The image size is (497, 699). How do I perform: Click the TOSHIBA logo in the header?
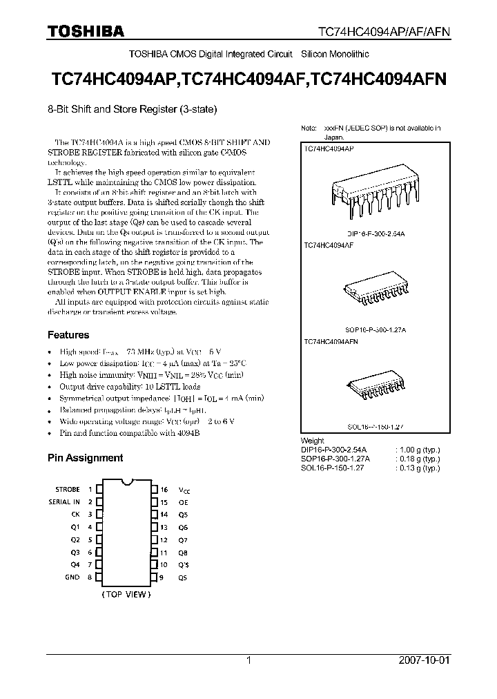(86, 31)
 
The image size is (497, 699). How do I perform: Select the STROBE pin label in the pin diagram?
(67, 489)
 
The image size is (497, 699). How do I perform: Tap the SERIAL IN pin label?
(64, 501)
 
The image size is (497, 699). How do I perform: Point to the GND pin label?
(72, 577)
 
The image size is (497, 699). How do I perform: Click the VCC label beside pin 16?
(184, 490)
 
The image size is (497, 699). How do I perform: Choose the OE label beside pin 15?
(183, 502)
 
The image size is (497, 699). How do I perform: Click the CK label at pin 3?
(75, 515)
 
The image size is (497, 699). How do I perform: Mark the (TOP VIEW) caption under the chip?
(126, 594)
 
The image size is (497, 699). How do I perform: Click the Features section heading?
(68, 335)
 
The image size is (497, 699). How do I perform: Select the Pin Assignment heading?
(85, 457)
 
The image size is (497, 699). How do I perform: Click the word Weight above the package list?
(313, 440)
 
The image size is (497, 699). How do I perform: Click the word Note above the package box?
(308, 128)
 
